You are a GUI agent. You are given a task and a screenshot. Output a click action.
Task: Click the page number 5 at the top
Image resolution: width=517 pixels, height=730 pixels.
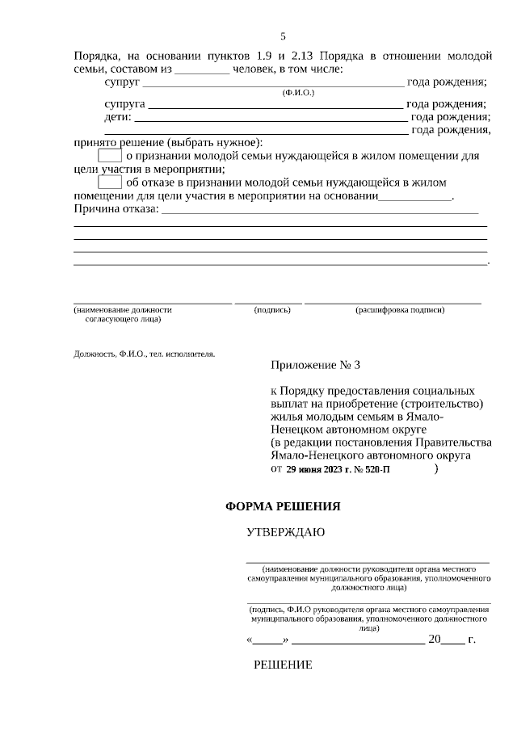click(x=283, y=36)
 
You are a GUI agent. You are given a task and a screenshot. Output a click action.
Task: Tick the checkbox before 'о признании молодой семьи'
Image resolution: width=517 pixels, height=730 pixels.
click(x=109, y=155)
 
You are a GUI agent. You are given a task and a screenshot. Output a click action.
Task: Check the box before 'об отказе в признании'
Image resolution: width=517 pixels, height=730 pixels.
click(x=109, y=183)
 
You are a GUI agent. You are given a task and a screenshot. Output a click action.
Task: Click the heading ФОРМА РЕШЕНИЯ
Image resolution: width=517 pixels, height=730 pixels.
click(x=282, y=507)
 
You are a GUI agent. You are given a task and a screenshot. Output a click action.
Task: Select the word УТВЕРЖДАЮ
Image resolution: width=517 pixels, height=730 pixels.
click(x=286, y=533)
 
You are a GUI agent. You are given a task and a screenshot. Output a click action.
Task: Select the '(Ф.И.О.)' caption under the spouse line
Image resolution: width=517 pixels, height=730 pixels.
click(x=298, y=93)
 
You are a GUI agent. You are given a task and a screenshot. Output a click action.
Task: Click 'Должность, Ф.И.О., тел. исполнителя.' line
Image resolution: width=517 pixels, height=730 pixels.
click(x=145, y=353)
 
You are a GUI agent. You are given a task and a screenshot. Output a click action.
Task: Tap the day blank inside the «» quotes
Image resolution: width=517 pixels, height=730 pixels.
click(x=267, y=640)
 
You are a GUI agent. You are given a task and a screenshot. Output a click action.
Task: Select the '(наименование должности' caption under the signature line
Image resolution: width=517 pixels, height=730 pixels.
click(x=123, y=309)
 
